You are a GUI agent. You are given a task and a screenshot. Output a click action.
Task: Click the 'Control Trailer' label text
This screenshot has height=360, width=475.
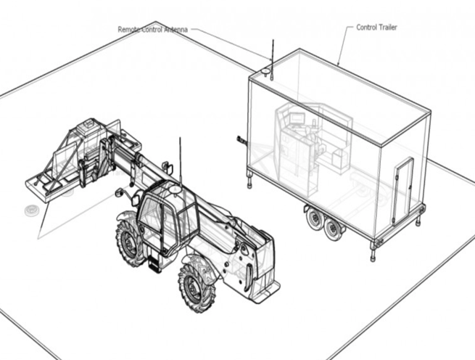376,28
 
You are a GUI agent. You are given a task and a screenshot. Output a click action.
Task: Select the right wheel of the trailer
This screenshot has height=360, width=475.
334,228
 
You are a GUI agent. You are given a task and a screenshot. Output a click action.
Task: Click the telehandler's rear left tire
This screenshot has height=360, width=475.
131,240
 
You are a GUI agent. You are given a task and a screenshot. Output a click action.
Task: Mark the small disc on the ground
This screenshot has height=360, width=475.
31,210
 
